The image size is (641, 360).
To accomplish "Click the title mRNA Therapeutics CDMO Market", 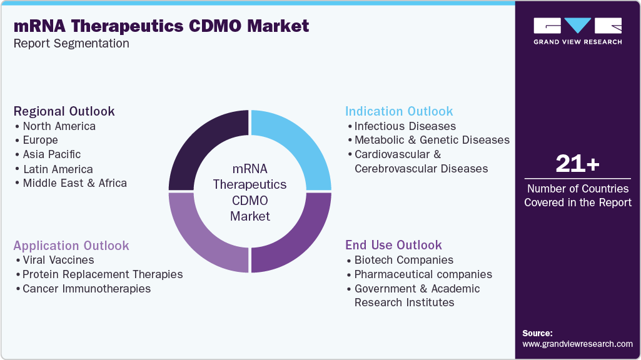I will [161, 26].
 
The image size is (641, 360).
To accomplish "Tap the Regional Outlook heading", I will [64, 111].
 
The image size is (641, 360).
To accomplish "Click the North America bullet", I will [59, 126].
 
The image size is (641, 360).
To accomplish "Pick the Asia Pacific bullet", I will [51, 154].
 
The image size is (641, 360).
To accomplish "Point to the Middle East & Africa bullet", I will [74, 183].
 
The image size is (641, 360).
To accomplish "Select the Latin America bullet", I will [58, 169].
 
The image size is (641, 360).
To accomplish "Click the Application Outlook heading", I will [71, 246].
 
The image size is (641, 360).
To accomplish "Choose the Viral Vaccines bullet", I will [58, 260].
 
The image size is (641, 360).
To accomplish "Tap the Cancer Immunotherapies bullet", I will [86, 289].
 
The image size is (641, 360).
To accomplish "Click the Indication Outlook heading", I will [399, 111].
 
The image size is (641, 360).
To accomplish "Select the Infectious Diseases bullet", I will [405, 126].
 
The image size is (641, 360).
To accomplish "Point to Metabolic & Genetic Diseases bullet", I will [432, 140].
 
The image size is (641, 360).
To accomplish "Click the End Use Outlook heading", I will [393, 245].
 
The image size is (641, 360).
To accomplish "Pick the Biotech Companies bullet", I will [403, 260].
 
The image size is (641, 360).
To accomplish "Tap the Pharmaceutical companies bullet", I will [423, 274].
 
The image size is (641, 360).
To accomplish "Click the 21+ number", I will [577, 165].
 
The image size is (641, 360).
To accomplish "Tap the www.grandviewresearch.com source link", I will [577, 344].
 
